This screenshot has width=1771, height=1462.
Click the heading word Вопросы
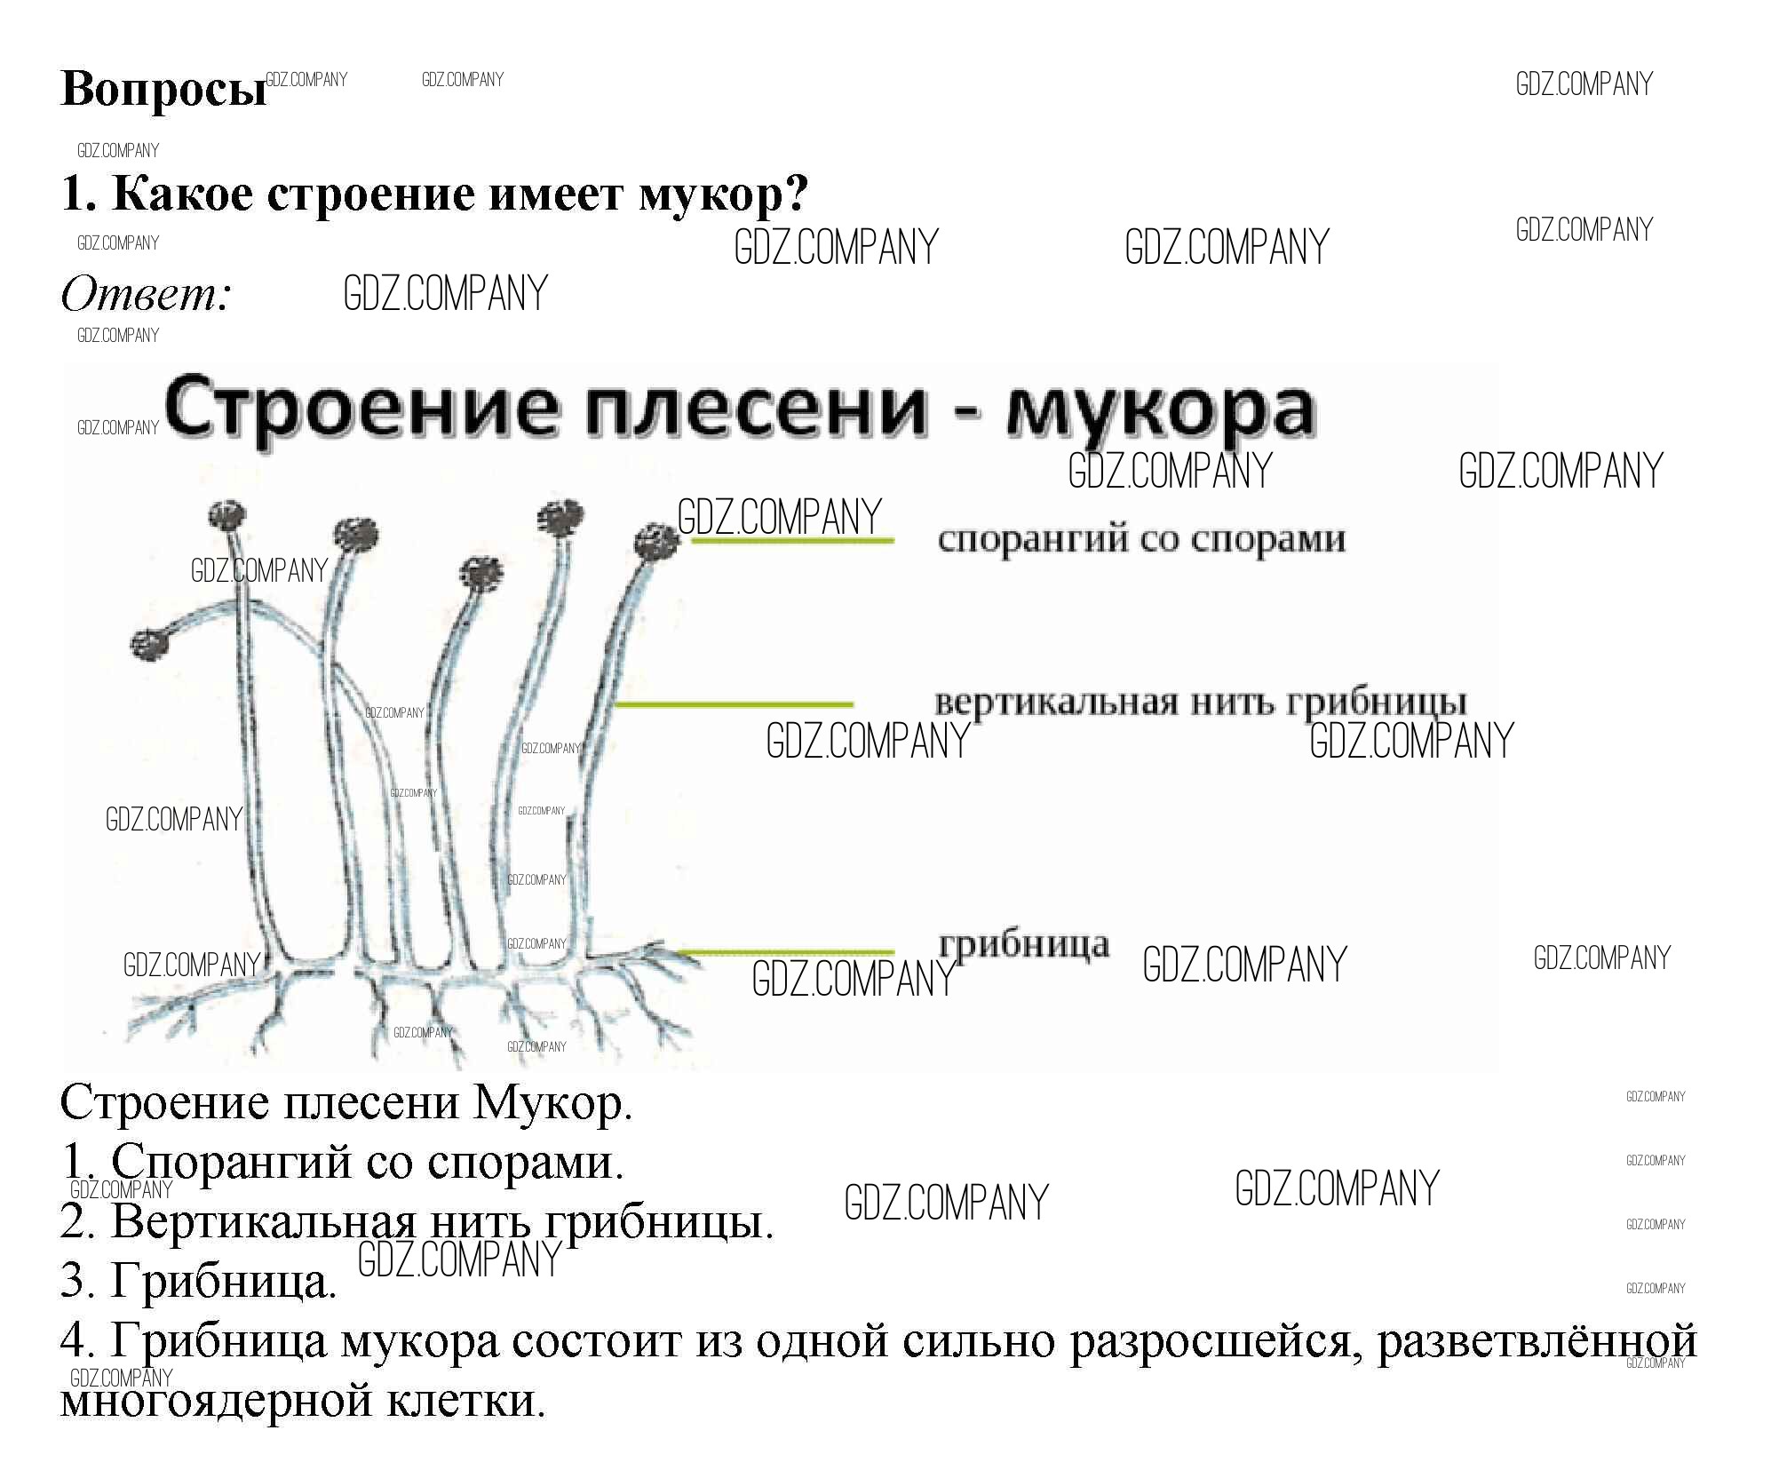(x=163, y=90)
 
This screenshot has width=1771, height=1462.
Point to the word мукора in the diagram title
(x=1160, y=410)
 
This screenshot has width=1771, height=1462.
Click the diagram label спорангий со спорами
(x=1141, y=539)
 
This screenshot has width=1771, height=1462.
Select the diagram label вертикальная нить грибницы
(x=1200, y=702)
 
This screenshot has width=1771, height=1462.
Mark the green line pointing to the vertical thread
(x=734, y=704)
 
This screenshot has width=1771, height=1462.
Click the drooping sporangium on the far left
(x=149, y=644)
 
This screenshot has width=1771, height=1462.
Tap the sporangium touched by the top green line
(x=657, y=542)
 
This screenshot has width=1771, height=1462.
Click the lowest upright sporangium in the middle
(x=481, y=573)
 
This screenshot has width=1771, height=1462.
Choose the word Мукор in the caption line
(x=552, y=1103)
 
